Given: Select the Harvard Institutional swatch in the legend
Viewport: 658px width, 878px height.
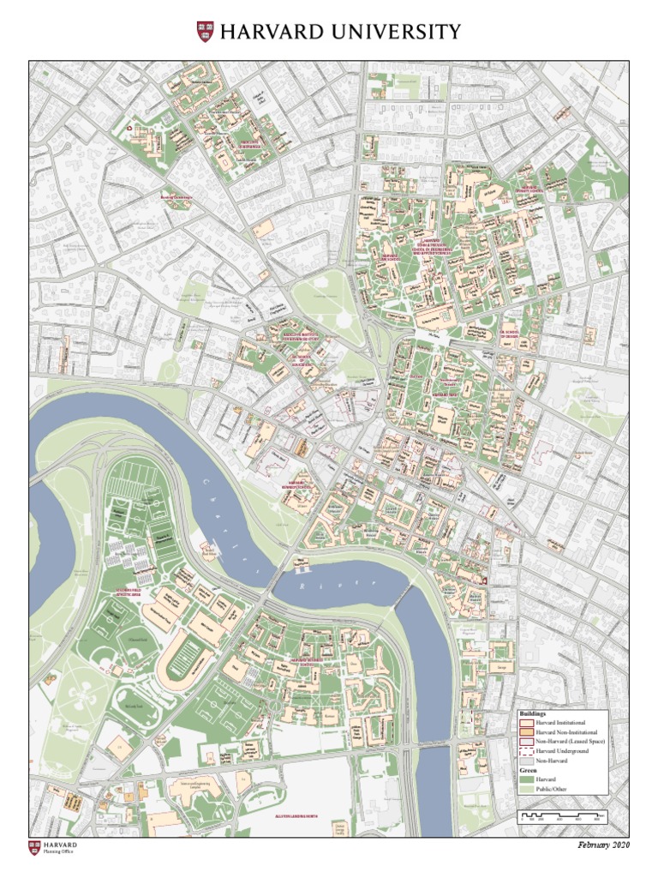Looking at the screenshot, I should (526, 723).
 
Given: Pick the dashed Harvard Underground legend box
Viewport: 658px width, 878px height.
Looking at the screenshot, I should (526, 750).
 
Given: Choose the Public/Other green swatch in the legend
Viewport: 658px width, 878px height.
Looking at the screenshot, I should (526, 788).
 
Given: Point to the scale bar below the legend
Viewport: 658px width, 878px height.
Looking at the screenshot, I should (563, 816).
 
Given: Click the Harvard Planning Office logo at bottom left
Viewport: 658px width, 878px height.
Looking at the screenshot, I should (53, 848).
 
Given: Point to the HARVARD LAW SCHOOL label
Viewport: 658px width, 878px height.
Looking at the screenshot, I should (390, 256).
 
